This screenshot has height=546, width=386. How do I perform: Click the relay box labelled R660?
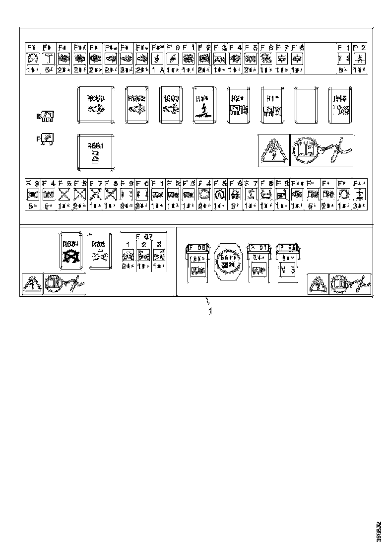pyautogui.click(x=96, y=105)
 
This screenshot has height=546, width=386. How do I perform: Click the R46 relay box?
pyautogui.click(x=340, y=105)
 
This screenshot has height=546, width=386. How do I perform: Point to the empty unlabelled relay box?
pyautogui.click(x=307, y=105)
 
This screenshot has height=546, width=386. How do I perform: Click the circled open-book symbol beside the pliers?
pyautogui.click(x=304, y=149)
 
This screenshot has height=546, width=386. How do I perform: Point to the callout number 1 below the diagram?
pyautogui.click(x=210, y=311)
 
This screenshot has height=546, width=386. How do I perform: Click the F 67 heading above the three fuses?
pyautogui.click(x=143, y=236)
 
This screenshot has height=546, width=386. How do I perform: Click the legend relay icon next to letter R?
pyautogui.click(x=49, y=117)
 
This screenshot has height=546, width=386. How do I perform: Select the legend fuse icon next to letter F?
pyautogui.click(x=49, y=138)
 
